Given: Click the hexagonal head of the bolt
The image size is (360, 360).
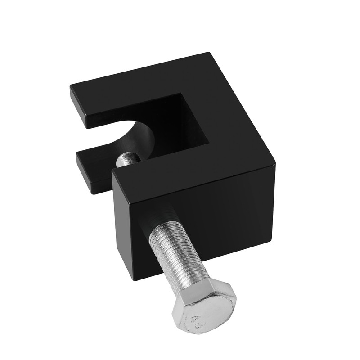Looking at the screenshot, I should [205, 306].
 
